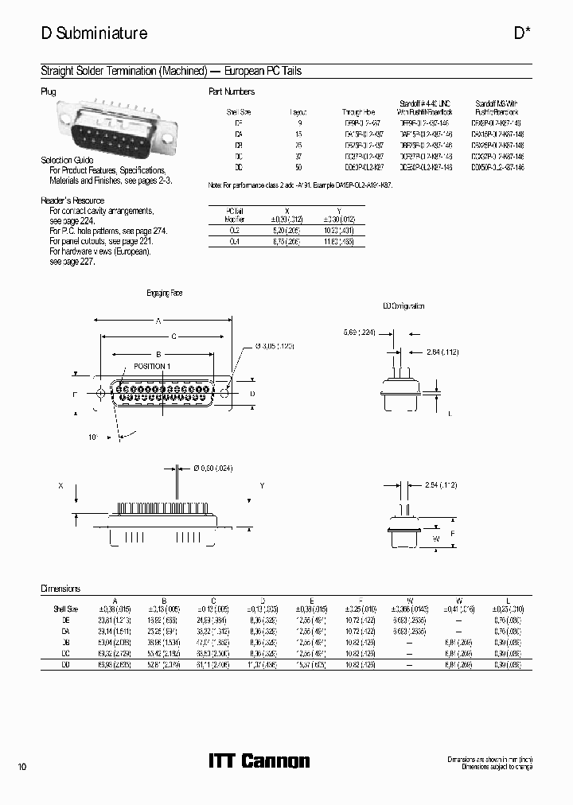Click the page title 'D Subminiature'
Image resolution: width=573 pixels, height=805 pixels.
pos(94,33)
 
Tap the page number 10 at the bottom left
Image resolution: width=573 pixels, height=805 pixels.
pos(22,767)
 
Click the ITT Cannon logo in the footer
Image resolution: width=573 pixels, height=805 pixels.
pos(258,761)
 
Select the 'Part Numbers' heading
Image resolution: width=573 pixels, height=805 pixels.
pos(231,91)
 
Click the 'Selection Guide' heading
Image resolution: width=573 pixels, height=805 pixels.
pos(68,161)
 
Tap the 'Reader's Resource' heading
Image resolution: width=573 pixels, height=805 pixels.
pos(72,200)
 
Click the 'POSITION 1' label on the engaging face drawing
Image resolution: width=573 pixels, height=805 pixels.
pos(150,367)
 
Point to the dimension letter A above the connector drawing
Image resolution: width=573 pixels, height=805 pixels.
pos(158,321)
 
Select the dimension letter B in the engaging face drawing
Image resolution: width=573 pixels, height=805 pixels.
pos(158,354)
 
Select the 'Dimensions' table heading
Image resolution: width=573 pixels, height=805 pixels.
pos(60,589)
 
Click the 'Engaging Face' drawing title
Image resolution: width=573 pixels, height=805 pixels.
pos(164,293)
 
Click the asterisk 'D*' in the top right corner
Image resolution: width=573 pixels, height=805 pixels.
pos(522,33)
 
